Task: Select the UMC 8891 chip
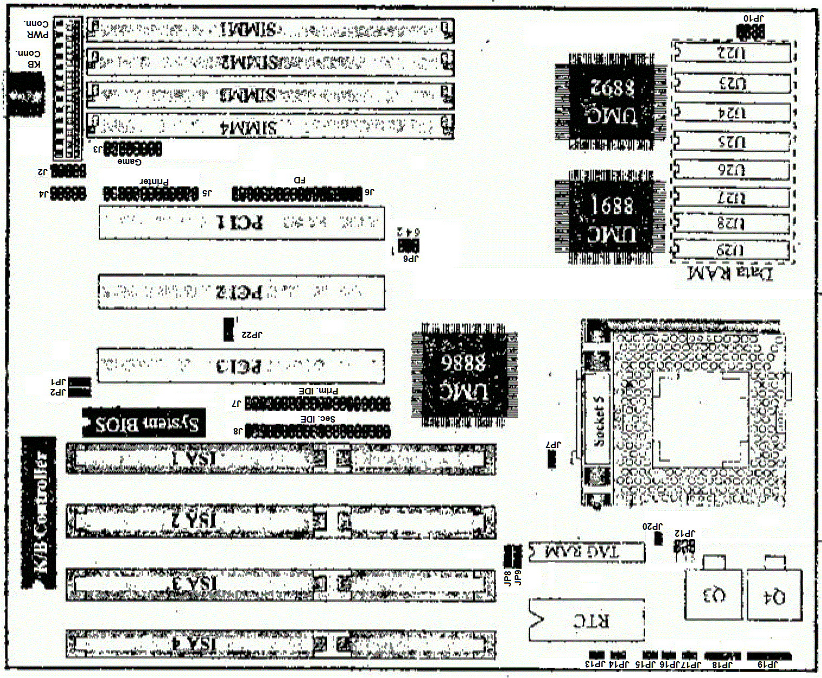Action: [x=609, y=219]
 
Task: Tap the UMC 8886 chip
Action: [x=464, y=374]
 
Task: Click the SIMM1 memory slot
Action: [x=270, y=30]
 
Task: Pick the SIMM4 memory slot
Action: [x=270, y=127]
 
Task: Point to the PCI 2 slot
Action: [x=241, y=292]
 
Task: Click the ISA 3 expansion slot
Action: [x=280, y=584]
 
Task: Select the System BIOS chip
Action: [x=144, y=423]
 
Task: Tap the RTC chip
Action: [x=587, y=620]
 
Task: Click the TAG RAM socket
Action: [x=587, y=552]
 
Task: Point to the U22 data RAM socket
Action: [x=732, y=53]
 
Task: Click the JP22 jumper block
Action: [x=229, y=329]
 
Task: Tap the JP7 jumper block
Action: [x=552, y=459]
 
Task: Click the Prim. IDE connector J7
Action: [x=317, y=403]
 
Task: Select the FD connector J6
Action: [x=297, y=193]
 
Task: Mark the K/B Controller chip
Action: [x=39, y=513]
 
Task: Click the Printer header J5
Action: [x=150, y=193]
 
